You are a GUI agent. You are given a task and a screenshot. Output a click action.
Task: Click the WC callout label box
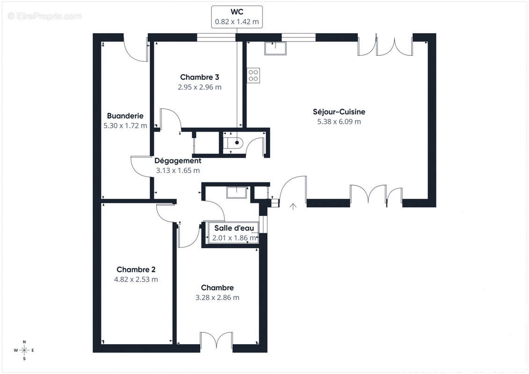click(237, 17)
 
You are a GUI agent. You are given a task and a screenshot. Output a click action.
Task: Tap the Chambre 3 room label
click(199, 77)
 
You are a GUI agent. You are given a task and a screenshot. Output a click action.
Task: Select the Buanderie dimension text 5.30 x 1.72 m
click(125, 126)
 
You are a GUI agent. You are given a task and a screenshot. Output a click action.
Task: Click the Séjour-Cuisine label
click(339, 112)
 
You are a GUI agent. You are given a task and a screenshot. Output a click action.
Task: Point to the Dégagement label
click(178, 161)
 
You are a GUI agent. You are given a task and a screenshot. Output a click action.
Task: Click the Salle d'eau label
click(234, 228)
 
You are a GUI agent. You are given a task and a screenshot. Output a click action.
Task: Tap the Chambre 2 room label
click(136, 269)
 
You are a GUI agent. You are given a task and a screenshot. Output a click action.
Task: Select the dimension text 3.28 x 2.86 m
click(217, 297)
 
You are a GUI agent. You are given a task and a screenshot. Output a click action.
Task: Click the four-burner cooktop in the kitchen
click(254, 76)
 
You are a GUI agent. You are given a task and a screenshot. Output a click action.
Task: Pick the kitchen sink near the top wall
click(275, 48)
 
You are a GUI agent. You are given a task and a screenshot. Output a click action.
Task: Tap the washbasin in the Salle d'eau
click(237, 192)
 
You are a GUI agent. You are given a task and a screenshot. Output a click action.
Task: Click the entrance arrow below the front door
click(293, 206)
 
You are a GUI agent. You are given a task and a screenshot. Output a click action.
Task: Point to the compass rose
click(24, 350)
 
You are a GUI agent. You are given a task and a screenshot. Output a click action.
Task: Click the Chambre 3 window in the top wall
click(216, 37)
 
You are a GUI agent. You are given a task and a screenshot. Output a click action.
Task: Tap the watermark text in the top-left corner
click(44, 16)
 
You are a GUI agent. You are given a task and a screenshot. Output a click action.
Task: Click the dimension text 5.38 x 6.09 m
click(339, 122)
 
